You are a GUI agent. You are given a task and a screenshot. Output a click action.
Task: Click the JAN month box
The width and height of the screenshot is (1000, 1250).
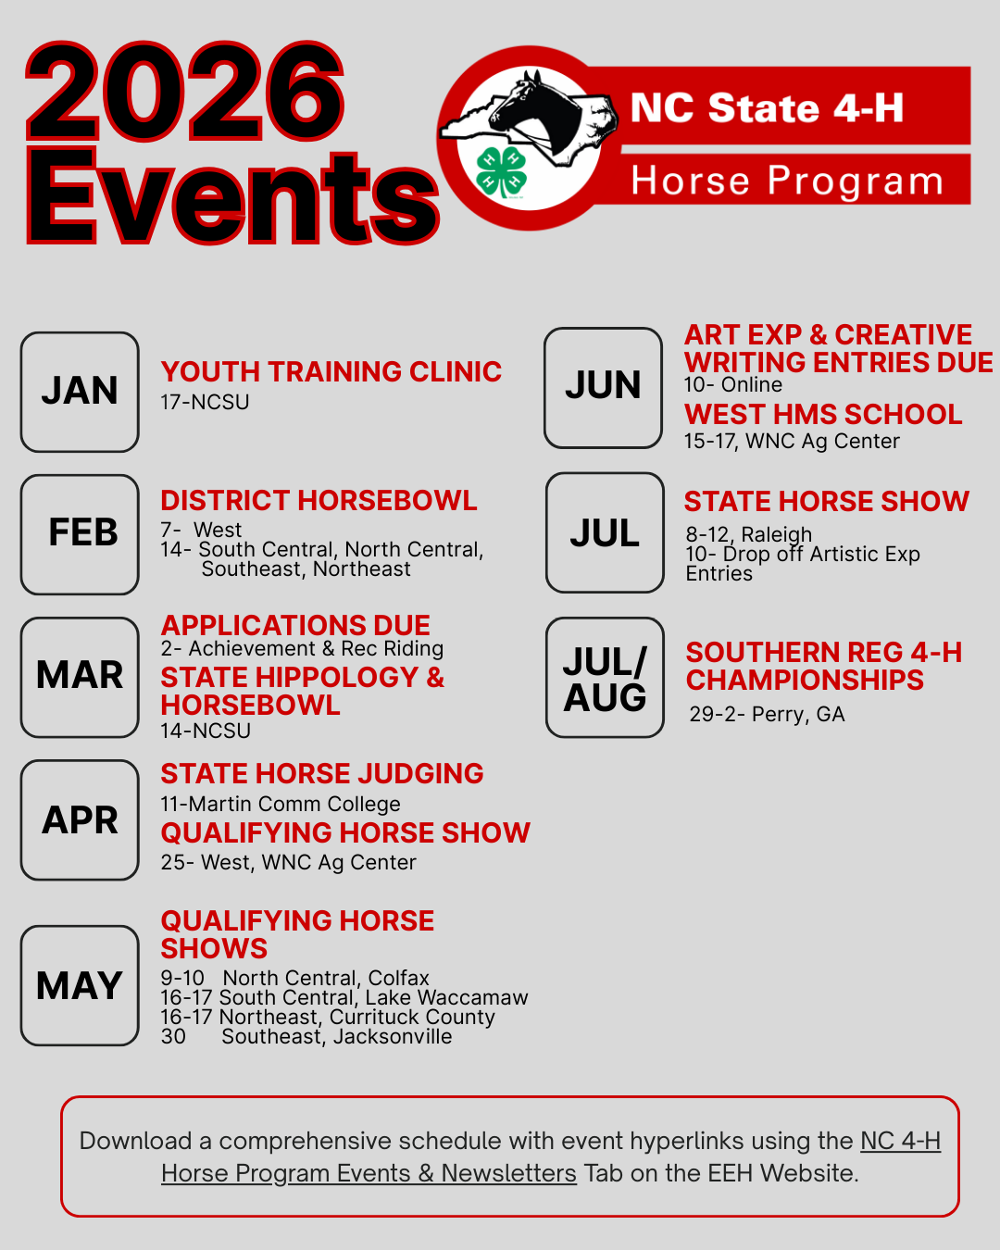pos(80,392)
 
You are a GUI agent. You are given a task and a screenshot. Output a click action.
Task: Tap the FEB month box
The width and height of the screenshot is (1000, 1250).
pos(80,534)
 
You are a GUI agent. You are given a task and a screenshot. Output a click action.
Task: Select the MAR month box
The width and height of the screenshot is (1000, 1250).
pos(80,677)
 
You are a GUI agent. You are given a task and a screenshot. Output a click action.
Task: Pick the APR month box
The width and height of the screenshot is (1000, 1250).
pos(80,819)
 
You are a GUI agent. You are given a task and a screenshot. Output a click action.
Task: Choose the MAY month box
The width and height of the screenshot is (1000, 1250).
pos(80,985)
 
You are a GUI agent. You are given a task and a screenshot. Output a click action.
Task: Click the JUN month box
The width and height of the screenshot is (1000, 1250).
pos(604,387)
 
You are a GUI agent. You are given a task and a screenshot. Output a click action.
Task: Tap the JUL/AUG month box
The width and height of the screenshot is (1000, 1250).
pos(605,678)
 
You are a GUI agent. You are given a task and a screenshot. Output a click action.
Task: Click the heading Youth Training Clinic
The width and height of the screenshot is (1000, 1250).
pos(331,372)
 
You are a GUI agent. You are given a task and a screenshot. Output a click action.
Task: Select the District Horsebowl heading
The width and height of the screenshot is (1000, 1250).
pos(319,501)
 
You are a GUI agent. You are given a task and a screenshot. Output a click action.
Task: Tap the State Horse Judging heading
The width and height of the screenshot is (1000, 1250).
pos(321,774)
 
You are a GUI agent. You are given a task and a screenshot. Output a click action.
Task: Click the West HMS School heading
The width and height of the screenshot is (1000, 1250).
pos(823,415)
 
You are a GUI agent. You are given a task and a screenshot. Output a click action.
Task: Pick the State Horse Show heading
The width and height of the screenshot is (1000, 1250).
pos(826,502)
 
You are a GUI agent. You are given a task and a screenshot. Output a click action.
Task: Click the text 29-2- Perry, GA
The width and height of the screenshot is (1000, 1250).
pos(767,715)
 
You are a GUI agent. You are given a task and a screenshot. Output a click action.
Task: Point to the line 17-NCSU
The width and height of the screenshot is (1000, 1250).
pos(205,403)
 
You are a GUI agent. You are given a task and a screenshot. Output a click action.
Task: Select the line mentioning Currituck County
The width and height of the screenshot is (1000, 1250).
pos(328,1018)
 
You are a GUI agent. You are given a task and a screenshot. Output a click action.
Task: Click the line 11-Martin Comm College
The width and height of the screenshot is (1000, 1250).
pos(281,805)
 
